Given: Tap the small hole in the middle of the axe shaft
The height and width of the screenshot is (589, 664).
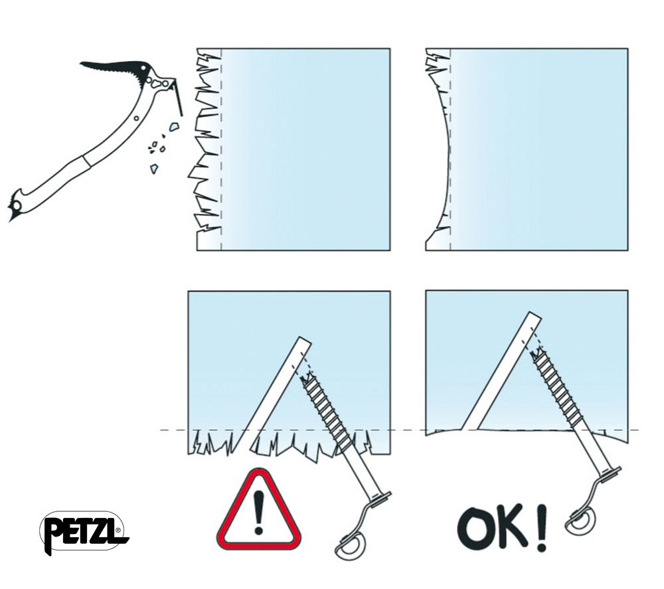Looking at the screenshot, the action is [136, 119].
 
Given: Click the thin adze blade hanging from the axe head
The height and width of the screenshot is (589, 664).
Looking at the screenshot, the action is [178, 98].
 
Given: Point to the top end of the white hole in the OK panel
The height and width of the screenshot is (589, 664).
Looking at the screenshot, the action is [535, 316].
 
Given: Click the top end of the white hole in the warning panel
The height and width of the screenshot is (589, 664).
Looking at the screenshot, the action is [303, 341].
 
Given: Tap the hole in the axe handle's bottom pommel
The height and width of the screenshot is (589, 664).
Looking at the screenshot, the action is [16, 206].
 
